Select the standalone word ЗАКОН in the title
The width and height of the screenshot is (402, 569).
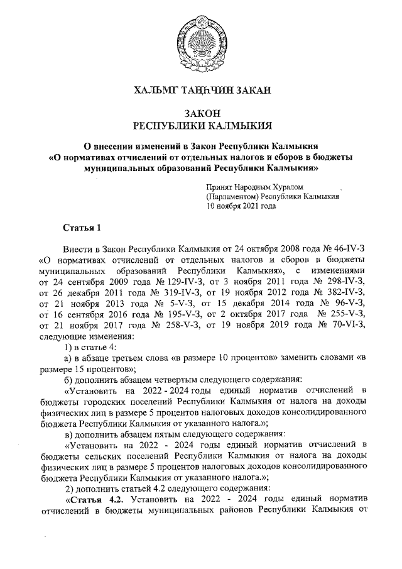click(x=201, y=113)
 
